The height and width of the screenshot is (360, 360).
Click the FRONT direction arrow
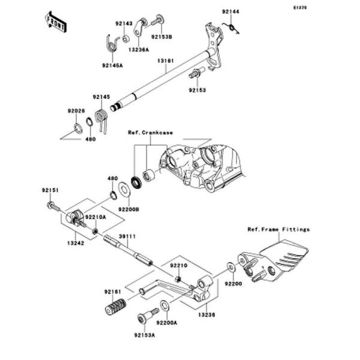point(55,22)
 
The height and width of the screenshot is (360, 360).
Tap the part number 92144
point(230,11)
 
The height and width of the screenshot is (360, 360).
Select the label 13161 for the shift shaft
point(166,61)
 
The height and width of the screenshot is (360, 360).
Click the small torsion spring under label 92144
point(232,28)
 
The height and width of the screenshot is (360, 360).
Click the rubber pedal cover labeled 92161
point(115,307)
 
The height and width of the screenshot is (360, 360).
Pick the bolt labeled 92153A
point(148,316)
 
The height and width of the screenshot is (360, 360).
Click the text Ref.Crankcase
point(151,133)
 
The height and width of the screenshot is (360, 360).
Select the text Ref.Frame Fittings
point(278,229)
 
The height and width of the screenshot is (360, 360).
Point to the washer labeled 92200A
point(164,305)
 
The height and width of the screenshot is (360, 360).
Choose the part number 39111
point(127,236)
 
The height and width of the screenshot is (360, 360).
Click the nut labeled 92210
point(178,279)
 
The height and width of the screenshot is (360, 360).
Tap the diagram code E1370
point(300,8)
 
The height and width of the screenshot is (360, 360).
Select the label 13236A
point(139,49)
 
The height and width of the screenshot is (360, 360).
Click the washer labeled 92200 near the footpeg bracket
point(231,266)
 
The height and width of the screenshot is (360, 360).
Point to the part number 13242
point(76,242)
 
